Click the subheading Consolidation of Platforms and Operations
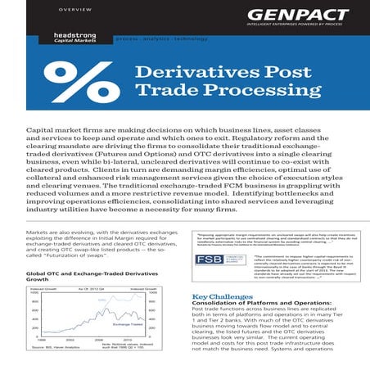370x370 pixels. tap(255, 305)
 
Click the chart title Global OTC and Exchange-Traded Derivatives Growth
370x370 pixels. tap(80, 275)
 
